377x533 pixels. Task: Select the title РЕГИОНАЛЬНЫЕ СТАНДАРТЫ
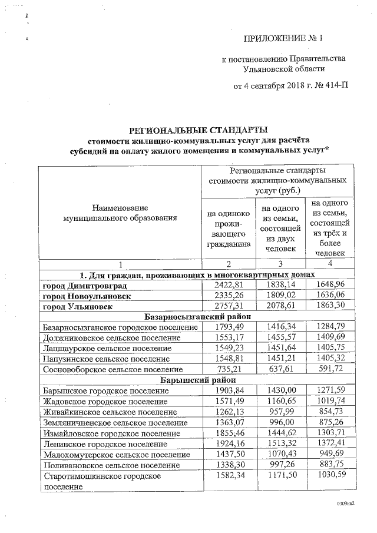[x=201, y=130]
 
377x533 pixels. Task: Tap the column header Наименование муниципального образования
[x=120, y=213]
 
